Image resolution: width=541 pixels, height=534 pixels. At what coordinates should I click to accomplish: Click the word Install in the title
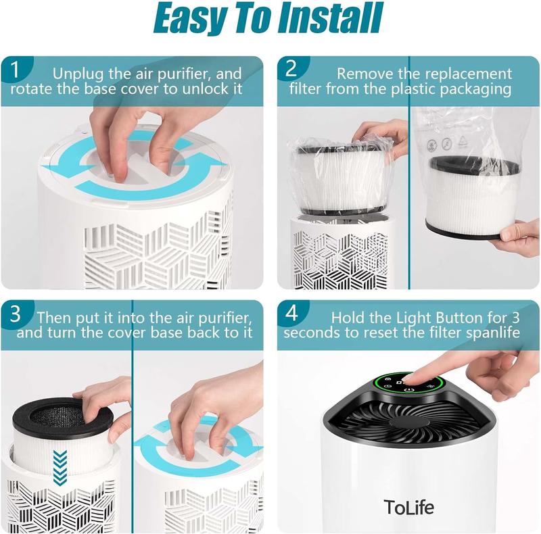(331, 18)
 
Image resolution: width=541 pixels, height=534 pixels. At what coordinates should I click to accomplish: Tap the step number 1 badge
(15, 70)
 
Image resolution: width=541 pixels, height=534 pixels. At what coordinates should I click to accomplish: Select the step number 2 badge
(291, 69)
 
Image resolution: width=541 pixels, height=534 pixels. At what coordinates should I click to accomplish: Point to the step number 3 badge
(16, 314)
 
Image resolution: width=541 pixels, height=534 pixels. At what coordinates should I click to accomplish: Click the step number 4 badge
(291, 313)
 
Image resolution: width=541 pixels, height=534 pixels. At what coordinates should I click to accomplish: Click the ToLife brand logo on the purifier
(409, 507)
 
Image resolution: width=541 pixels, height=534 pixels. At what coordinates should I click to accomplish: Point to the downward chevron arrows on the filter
(60, 466)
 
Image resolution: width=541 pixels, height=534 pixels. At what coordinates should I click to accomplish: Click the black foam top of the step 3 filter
(63, 416)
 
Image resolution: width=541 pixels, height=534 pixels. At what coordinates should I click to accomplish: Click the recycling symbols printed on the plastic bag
(447, 143)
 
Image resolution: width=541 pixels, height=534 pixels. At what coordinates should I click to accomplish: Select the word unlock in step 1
(203, 89)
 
